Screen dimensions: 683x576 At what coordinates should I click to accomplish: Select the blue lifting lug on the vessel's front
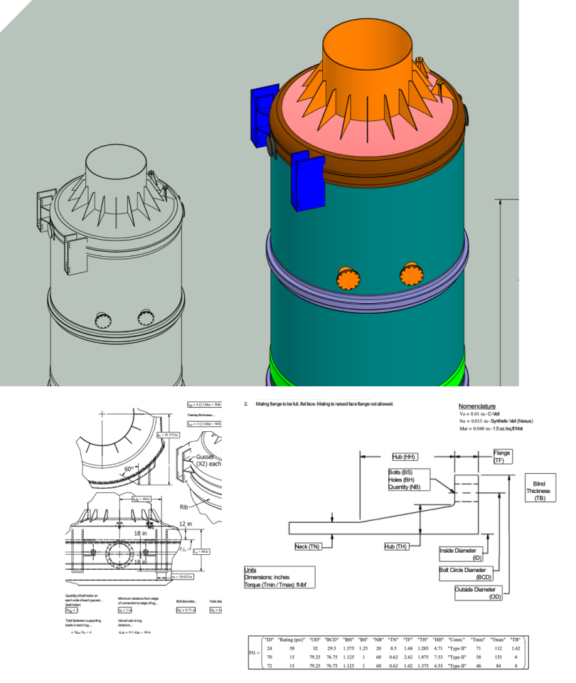tap(306, 181)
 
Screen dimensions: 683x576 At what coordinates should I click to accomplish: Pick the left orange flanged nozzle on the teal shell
tap(347, 277)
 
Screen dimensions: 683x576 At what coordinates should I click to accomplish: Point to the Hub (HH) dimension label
tap(403, 457)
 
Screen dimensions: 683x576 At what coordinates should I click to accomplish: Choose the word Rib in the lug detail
tap(183, 509)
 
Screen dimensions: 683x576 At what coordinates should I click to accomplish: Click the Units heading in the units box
tap(250, 570)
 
